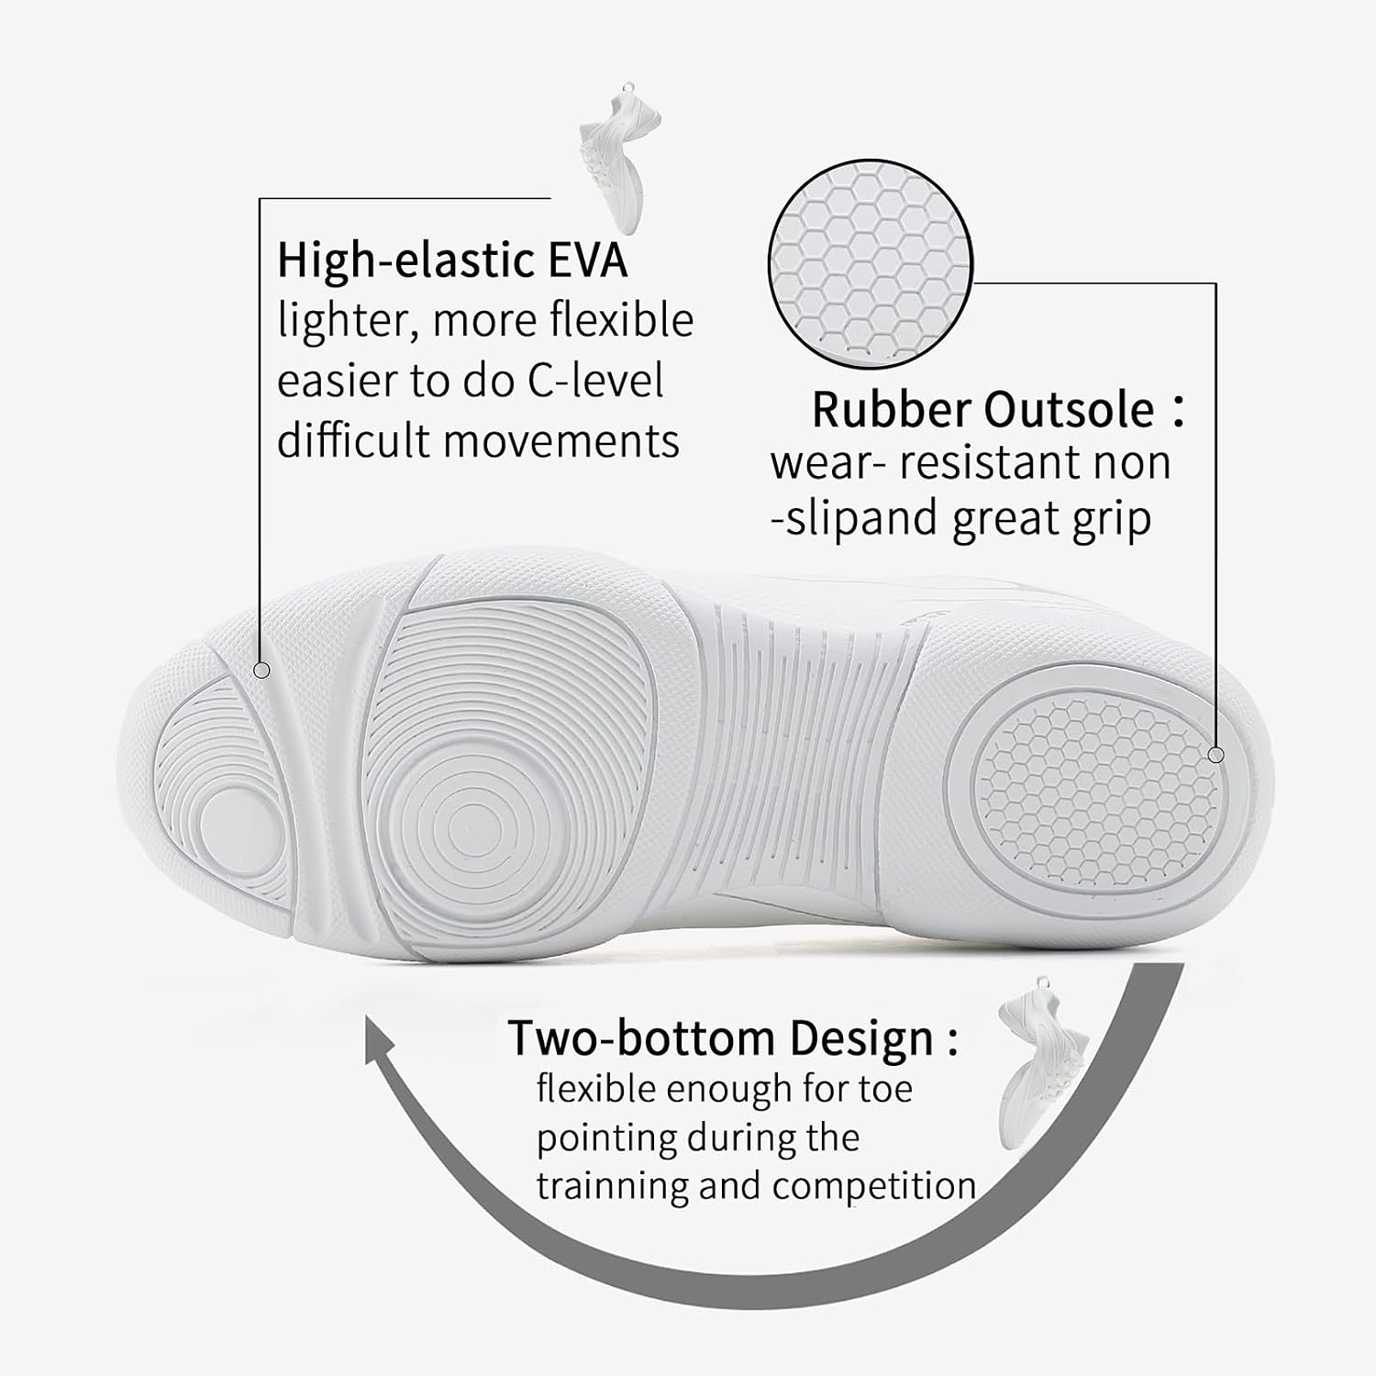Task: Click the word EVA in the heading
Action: click(x=588, y=260)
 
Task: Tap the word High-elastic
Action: click(x=407, y=260)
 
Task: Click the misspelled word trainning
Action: click(x=612, y=1185)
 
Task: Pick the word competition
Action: click(x=874, y=1185)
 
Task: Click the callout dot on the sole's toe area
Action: click(x=261, y=671)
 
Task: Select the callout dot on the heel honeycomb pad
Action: click(x=1216, y=755)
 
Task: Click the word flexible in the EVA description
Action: click(x=621, y=320)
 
